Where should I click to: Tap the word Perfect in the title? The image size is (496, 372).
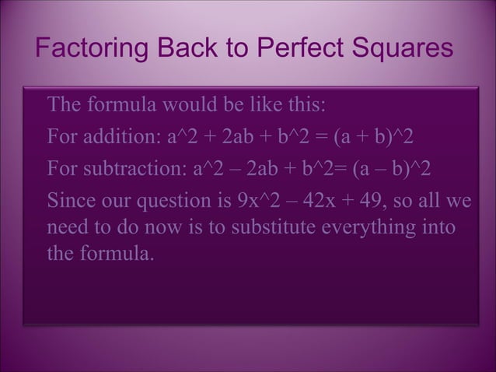point(302,48)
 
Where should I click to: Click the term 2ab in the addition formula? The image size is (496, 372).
point(242,138)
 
